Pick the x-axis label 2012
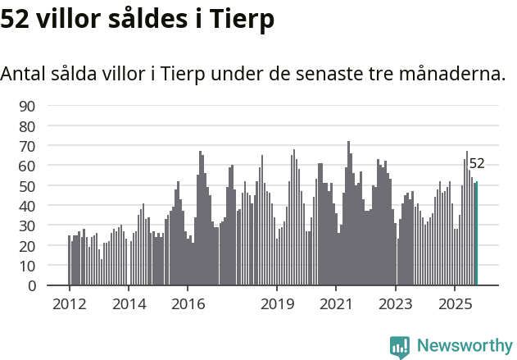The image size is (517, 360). click(69, 305)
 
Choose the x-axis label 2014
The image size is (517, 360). click(129, 305)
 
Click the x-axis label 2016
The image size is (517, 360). click(188, 305)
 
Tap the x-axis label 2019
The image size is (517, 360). click(277, 305)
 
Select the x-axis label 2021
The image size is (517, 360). click(336, 305)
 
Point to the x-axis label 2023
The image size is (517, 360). click(396, 305)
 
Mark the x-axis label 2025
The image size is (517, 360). click(455, 305)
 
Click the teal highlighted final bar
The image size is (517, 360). click(476, 234)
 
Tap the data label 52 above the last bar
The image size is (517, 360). click(477, 163)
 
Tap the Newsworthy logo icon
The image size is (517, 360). click(400, 346)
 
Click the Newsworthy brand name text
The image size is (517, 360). click(464, 346)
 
